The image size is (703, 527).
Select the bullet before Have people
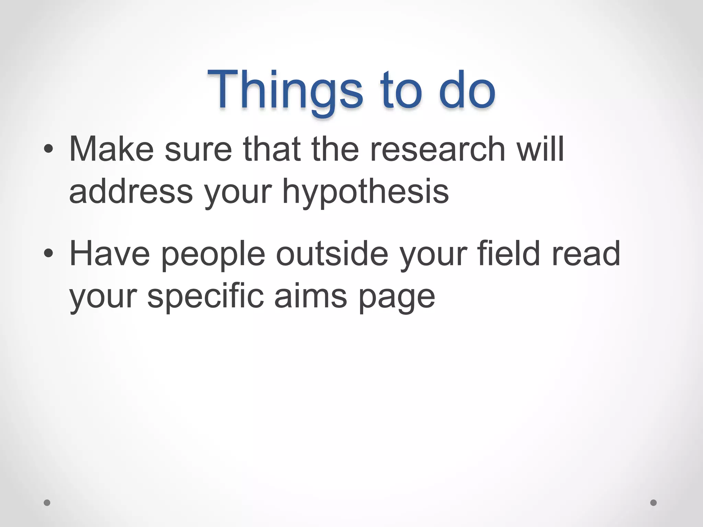(48, 254)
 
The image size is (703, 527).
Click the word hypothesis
(365, 192)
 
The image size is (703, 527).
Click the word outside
(332, 254)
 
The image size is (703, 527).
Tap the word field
(508, 254)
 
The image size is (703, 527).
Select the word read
(586, 254)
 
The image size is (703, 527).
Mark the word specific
(205, 297)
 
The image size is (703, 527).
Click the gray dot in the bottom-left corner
(47, 503)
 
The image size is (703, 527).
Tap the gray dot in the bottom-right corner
(654, 503)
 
